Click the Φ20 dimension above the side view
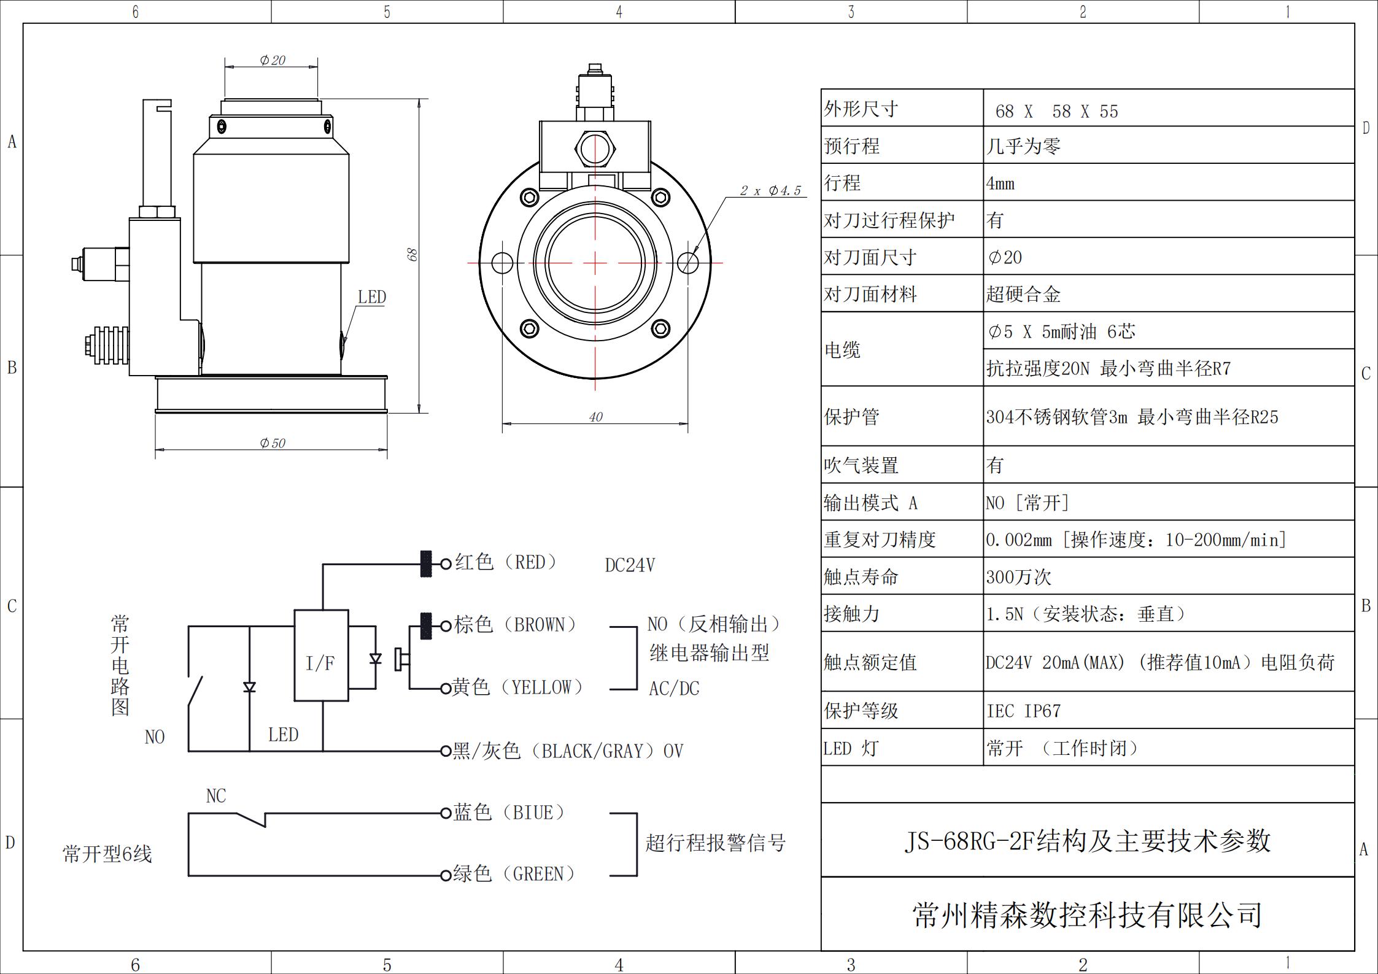tap(273, 60)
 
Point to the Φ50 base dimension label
tap(273, 443)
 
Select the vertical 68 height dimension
tap(412, 255)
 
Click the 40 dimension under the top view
tap(595, 417)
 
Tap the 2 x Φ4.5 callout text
tap(770, 191)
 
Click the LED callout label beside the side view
tap(372, 297)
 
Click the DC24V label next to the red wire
tap(630, 565)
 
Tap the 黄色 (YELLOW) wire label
tap(517, 687)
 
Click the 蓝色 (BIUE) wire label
tap(509, 813)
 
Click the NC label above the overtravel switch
tap(216, 796)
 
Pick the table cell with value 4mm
tap(1001, 184)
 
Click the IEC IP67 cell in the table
tap(1023, 711)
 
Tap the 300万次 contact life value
tap(1018, 577)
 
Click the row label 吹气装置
tap(861, 466)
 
